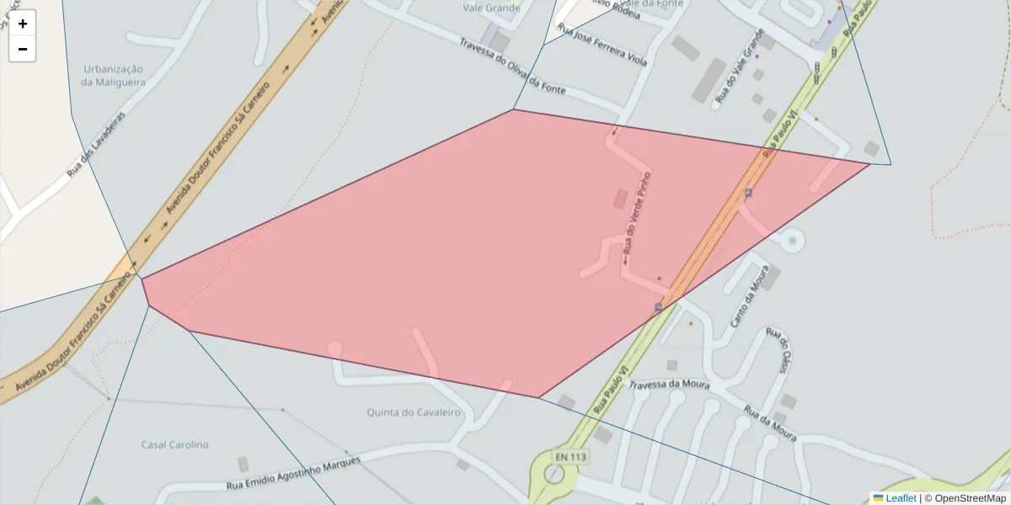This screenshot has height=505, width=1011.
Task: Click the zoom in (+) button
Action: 23,24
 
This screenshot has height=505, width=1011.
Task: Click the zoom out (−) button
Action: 23,49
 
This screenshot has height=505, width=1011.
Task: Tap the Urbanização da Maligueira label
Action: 113,76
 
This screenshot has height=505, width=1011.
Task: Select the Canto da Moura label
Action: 749,297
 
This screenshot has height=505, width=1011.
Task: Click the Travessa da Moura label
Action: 671,384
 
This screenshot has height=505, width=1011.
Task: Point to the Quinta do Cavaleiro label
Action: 414,412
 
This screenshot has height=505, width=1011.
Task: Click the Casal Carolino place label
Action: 174,444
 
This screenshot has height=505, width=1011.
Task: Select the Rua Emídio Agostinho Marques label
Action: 293,475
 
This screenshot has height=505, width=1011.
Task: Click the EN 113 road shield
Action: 570,457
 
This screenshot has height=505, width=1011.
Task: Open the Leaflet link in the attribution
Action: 900,498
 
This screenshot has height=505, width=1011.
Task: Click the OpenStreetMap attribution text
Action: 970,498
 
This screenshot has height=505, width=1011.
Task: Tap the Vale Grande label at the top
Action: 492,8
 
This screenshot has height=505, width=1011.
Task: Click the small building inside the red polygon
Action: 621,199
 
